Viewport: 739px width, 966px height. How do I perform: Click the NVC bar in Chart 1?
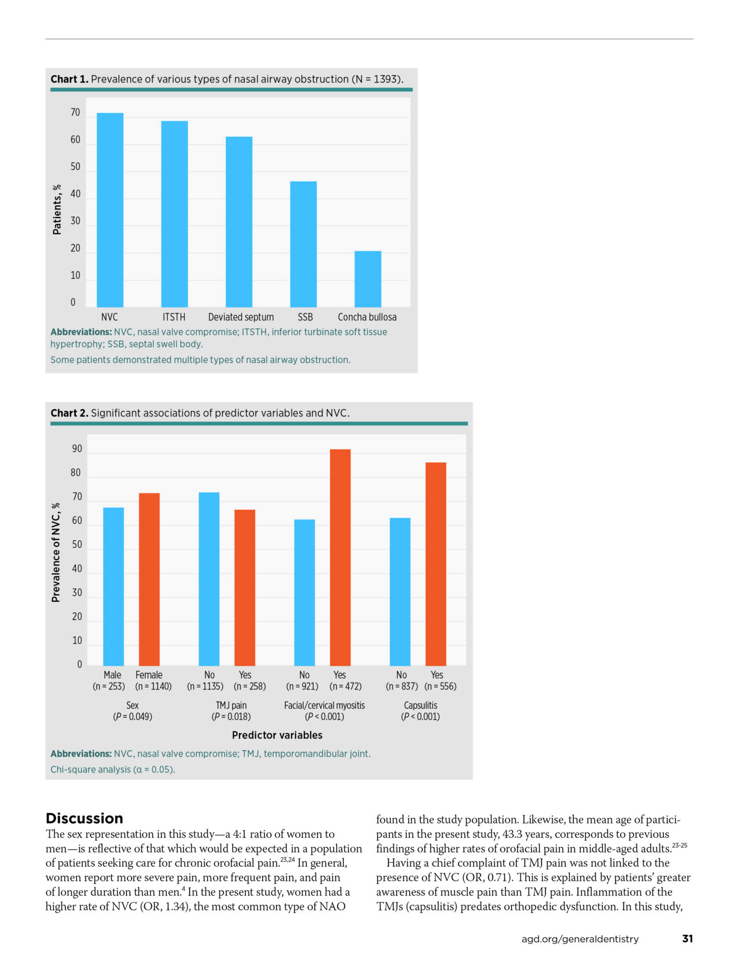pyautogui.click(x=110, y=210)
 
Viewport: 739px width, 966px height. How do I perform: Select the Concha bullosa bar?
pyautogui.click(x=368, y=279)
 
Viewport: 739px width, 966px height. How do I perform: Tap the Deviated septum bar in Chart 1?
pyautogui.click(x=239, y=222)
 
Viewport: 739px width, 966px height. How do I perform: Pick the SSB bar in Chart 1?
pyautogui.click(x=303, y=244)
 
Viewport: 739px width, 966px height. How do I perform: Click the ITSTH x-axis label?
pyautogui.click(x=174, y=317)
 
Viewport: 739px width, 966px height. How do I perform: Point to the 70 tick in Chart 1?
pyautogui.click(x=75, y=113)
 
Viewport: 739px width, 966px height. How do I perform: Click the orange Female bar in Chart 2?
pyautogui.click(x=149, y=579)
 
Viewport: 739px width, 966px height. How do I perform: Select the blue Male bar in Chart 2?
pyautogui.click(x=113, y=586)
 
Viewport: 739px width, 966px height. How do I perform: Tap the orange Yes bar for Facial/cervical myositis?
pyautogui.click(x=340, y=557)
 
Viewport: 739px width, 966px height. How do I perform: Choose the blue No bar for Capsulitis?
pyautogui.click(x=400, y=591)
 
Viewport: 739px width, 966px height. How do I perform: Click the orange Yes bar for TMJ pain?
pyautogui.click(x=245, y=587)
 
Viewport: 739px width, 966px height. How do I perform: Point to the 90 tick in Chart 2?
pyautogui.click(x=77, y=449)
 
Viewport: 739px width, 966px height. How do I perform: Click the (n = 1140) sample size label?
pyautogui.click(x=154, y=686)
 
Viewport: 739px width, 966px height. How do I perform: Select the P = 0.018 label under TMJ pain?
pyautogui.click(x=231, y=717)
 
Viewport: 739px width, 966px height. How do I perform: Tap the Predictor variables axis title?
pyautogui.click(x=277, y=735)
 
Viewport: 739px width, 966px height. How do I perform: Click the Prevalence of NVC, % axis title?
pyautogui.click(x=56, y=552)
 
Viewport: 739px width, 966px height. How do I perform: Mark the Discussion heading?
pyautogui.click(x=84, y=818)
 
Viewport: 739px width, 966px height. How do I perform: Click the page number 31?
pyautogui.click(x=687, y=939)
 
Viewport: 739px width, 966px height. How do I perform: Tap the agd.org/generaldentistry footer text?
pyautogui.click(x=580, y=939)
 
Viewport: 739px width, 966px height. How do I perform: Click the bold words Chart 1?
pyautogui.click(x=69, y=79)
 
